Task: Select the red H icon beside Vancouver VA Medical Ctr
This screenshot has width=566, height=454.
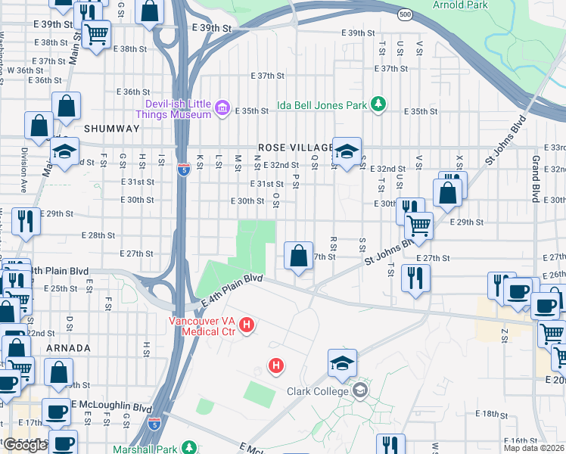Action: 246,326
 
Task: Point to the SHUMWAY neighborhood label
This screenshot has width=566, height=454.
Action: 113,129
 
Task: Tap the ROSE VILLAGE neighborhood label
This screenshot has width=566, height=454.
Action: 295,148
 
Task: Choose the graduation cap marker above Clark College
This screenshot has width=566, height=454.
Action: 342,363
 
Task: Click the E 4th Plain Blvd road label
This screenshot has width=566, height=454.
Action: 232,291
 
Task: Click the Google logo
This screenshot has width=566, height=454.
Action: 26,445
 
